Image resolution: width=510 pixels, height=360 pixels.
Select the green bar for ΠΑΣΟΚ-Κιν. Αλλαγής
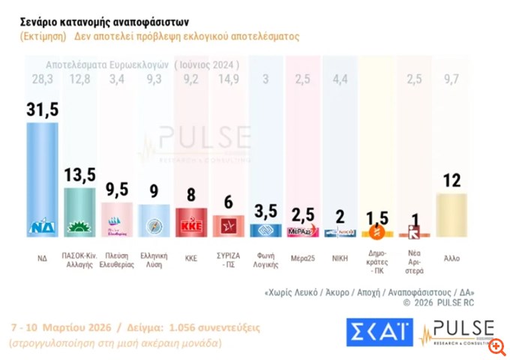click(x=79, y=210)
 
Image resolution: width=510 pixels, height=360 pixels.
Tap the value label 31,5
click(x=42, y=110)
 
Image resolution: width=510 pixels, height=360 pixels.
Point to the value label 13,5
click(x=80, y=175)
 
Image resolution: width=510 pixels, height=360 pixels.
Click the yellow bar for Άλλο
click(x=452, y=214)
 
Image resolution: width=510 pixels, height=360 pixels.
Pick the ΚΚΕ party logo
click(x=190, y=225)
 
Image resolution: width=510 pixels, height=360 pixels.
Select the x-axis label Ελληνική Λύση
click(x=153, y=260)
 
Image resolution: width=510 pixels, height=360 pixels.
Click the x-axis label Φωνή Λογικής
click(x=264, y=260)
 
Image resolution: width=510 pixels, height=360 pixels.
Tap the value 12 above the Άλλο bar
click(x=451, y=181)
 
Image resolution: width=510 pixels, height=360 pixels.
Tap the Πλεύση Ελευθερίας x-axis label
click(x=116, y=260)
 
